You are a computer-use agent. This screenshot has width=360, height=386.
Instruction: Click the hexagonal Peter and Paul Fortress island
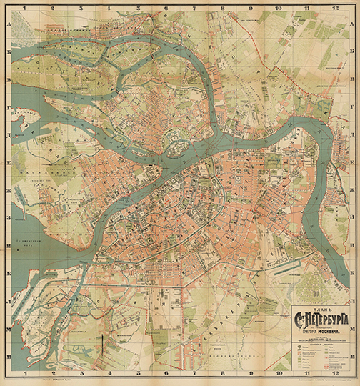175,140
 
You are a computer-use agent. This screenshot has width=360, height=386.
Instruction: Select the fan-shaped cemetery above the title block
313,285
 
